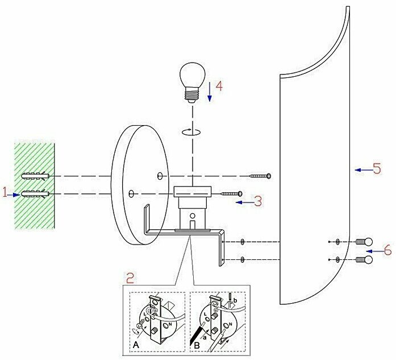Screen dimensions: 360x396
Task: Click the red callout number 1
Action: [x=5, y=193]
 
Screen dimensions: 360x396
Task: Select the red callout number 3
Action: [x=257, y=200]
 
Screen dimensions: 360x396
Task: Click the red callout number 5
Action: [x=376, y=169]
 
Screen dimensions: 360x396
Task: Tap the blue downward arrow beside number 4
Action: [x=209, y=91]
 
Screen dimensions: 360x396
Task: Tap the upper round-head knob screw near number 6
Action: [x=364, y=242]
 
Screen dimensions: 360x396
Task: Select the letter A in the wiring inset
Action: [x=136, y=344]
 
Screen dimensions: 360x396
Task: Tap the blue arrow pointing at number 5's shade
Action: [x=361, y=169]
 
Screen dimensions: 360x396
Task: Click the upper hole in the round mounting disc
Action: [x=160, y=176]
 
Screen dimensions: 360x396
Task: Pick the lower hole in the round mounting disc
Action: [x=131, y=195]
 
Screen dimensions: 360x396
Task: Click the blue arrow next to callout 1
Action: [x=16, y=194]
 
